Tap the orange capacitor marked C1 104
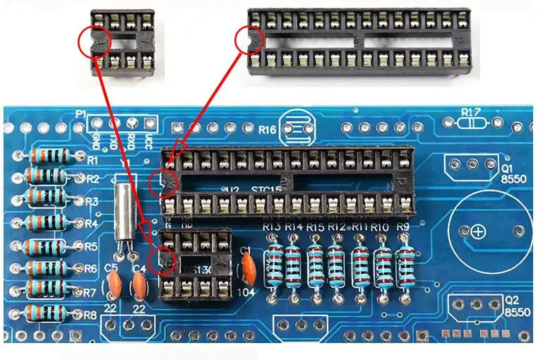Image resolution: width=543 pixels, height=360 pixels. [x=248, y=267]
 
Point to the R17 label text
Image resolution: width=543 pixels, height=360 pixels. [x=472, y=112]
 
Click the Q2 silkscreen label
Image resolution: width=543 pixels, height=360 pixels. [x=511, y=299]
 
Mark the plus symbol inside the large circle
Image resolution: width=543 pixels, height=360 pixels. [x=479, y=232]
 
